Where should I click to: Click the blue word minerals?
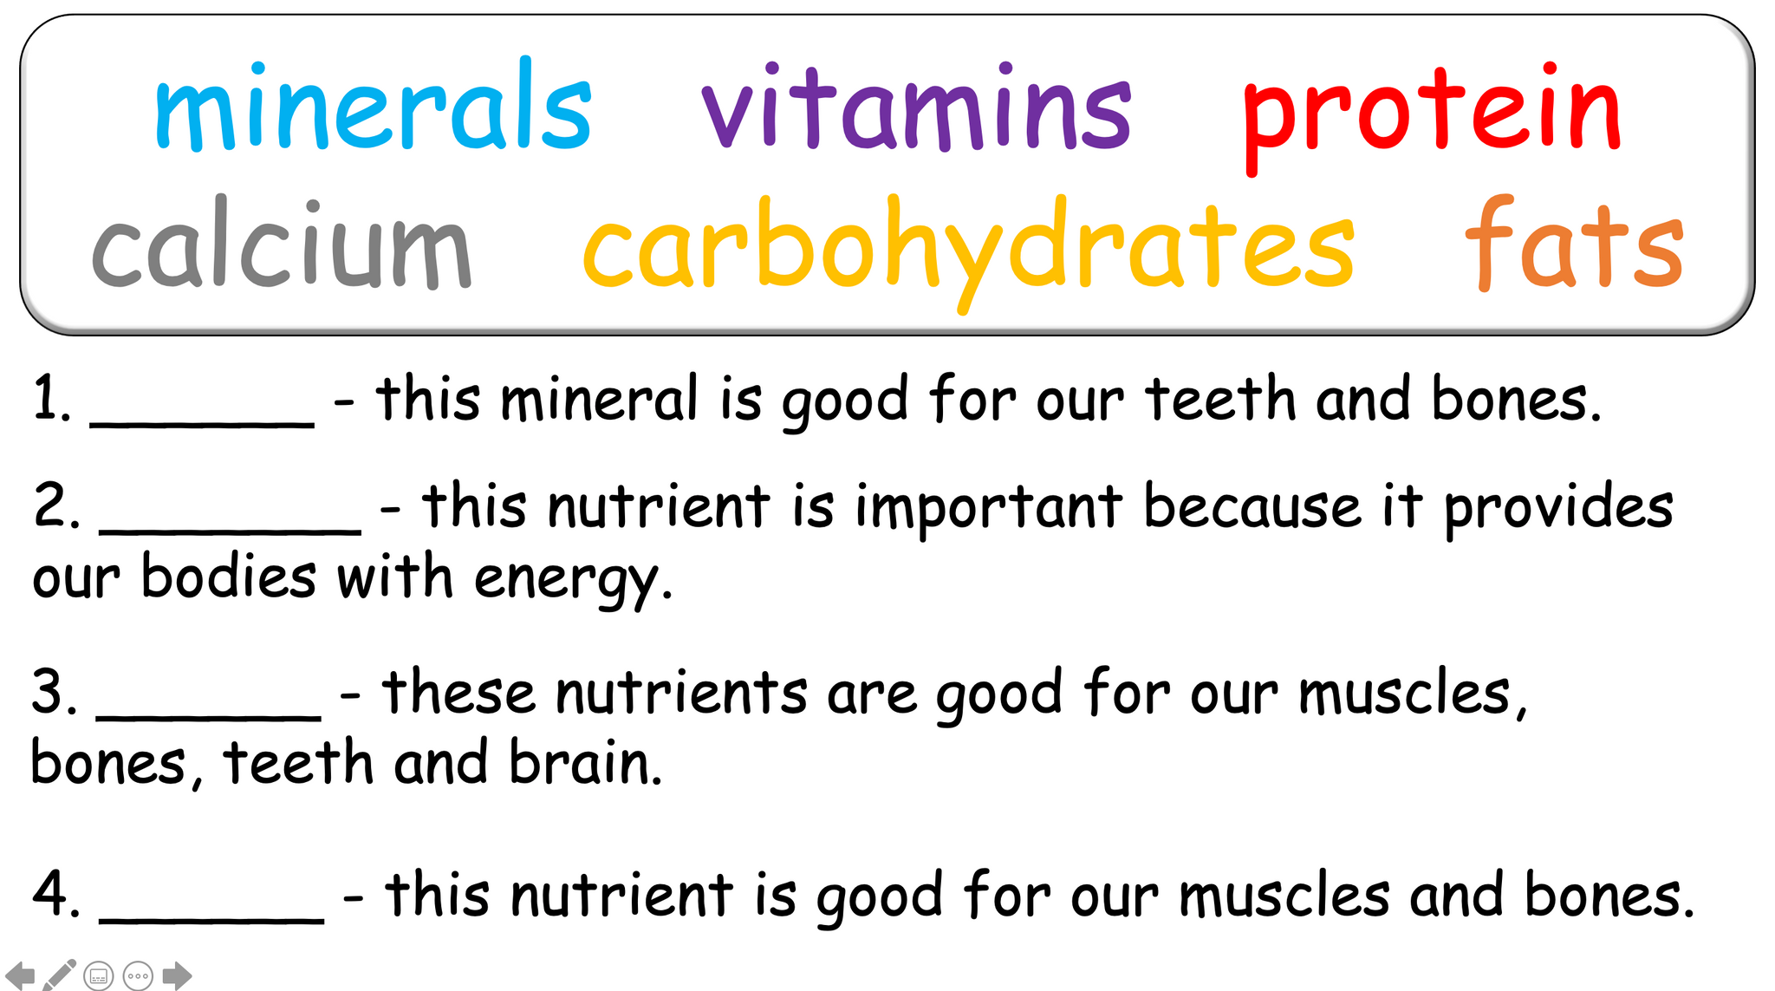(373, 108)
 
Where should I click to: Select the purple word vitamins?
(916, 108)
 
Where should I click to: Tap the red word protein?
(1431, 113)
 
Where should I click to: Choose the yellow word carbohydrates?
(968, 247)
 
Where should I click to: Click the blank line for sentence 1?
(202, 422)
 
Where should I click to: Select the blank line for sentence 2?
(231, 529)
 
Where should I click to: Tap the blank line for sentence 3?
(209, 715)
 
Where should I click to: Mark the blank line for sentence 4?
(212, 919)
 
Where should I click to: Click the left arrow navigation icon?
(20, 975)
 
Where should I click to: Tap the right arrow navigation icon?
(177, 975)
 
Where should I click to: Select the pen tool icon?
(59, 975)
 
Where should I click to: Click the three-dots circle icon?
(138, 975)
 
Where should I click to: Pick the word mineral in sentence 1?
(599, 401)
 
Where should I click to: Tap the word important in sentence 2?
(989, 508)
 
